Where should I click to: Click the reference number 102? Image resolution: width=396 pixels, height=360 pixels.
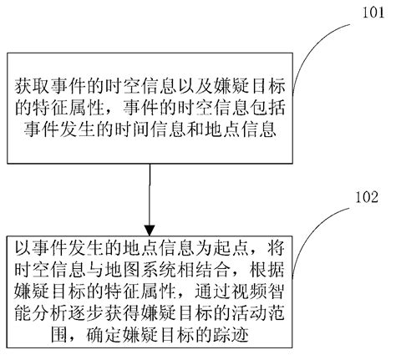pyautogui.click(x=365, y=199)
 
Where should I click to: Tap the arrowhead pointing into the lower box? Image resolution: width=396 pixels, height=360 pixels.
pyautogui.click(x=148, y=231)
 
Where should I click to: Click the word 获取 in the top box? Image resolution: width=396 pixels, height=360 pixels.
pyautogui.click(x=32, y=86)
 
